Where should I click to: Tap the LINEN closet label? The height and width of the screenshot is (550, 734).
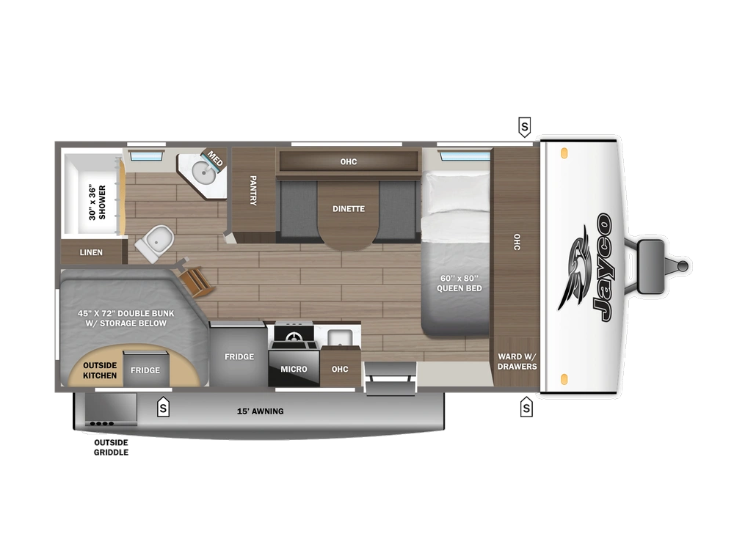point(91,253)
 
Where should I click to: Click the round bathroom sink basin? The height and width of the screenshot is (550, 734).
point(203,172)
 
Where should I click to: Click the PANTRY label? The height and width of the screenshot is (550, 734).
point(252,190)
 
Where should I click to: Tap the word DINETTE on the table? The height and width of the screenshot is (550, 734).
point(348,209)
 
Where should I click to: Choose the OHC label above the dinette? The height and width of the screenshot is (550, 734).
point(348,161)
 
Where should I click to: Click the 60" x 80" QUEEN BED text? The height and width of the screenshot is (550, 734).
point(459,283)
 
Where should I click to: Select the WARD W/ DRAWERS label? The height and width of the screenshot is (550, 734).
point(517,362)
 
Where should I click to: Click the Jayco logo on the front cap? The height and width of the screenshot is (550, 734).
point(587,268)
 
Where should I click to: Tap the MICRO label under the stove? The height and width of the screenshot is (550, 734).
point(294,369)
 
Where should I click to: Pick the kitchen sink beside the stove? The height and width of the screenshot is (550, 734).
point(340,338)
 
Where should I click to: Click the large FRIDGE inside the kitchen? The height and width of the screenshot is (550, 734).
point(239,357)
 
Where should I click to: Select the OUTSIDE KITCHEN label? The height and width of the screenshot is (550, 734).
point(99,370)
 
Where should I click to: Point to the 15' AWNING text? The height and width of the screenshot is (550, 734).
point(261,411)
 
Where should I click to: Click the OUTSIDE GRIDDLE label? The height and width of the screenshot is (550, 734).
point(111,448)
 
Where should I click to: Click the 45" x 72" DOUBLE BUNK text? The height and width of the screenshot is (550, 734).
point(122,318)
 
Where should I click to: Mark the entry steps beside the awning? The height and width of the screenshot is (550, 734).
point(390,378)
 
